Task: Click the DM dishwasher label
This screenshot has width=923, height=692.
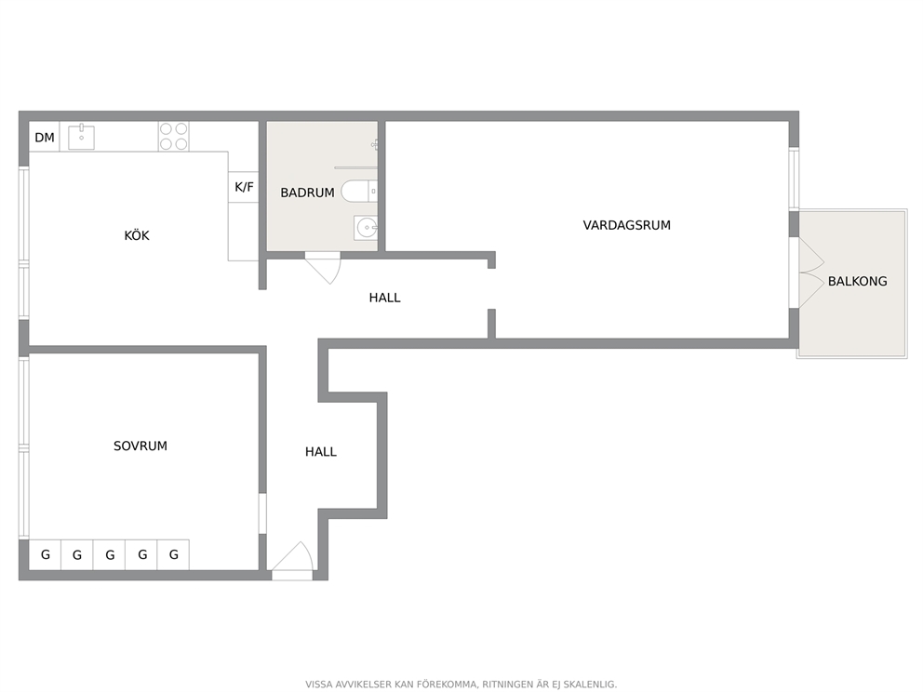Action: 45,138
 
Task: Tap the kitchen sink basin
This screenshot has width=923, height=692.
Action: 81,137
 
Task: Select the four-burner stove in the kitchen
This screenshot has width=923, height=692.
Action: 174,137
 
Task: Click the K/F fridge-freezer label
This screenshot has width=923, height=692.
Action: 244,187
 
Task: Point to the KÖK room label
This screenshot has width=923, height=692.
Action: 137,235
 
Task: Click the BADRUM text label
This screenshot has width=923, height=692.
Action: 307,193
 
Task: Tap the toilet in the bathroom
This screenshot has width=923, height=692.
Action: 359,192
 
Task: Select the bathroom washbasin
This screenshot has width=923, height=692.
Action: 366,228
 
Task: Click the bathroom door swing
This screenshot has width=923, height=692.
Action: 323,267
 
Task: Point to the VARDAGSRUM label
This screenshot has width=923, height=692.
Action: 627,225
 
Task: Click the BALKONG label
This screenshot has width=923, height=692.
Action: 858,281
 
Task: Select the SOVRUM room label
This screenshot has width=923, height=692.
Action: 140,446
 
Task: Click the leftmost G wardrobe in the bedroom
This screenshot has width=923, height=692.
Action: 46,554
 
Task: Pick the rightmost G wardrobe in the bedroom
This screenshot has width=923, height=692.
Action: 174,554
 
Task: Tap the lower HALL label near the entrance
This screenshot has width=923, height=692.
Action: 321,452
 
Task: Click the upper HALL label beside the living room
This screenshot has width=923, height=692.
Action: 385,298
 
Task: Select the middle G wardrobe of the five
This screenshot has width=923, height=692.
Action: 110,554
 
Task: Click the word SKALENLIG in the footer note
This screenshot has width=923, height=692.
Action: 591,685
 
